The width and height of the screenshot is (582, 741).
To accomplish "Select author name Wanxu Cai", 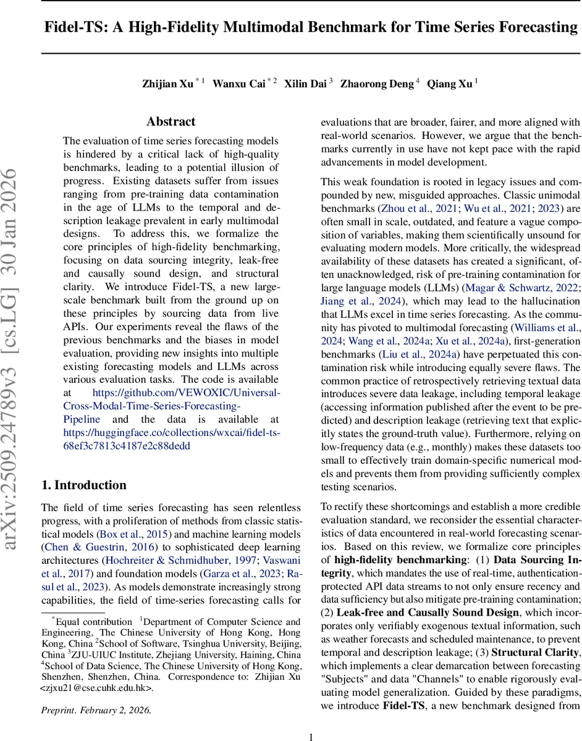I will pyautogui.click(x=240, y=84).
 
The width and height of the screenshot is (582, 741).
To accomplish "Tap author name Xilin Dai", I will pyautogui.click(x=305, y=84).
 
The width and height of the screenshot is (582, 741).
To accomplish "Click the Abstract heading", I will pyautogui.click(x=171, y=122).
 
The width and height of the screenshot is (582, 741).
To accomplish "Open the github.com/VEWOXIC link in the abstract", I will pyautogui.click(x=186, y=393).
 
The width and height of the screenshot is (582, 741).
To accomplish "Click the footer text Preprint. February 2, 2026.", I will pyautogui.click(x=96, y=710).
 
